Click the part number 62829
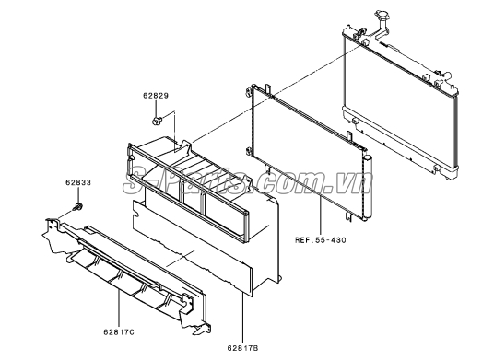(156, 96)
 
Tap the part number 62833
(78, 182)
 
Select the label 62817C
(119, 332)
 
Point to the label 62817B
(242, 348)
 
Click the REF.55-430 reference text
(320, 240)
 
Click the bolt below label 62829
(157, 121)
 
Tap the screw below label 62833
(77, 207)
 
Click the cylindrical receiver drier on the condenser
(367, 187)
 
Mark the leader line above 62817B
(243, 319)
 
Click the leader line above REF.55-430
(320, 215)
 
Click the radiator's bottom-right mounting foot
(436, 169)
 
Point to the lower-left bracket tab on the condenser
(268, 170)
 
